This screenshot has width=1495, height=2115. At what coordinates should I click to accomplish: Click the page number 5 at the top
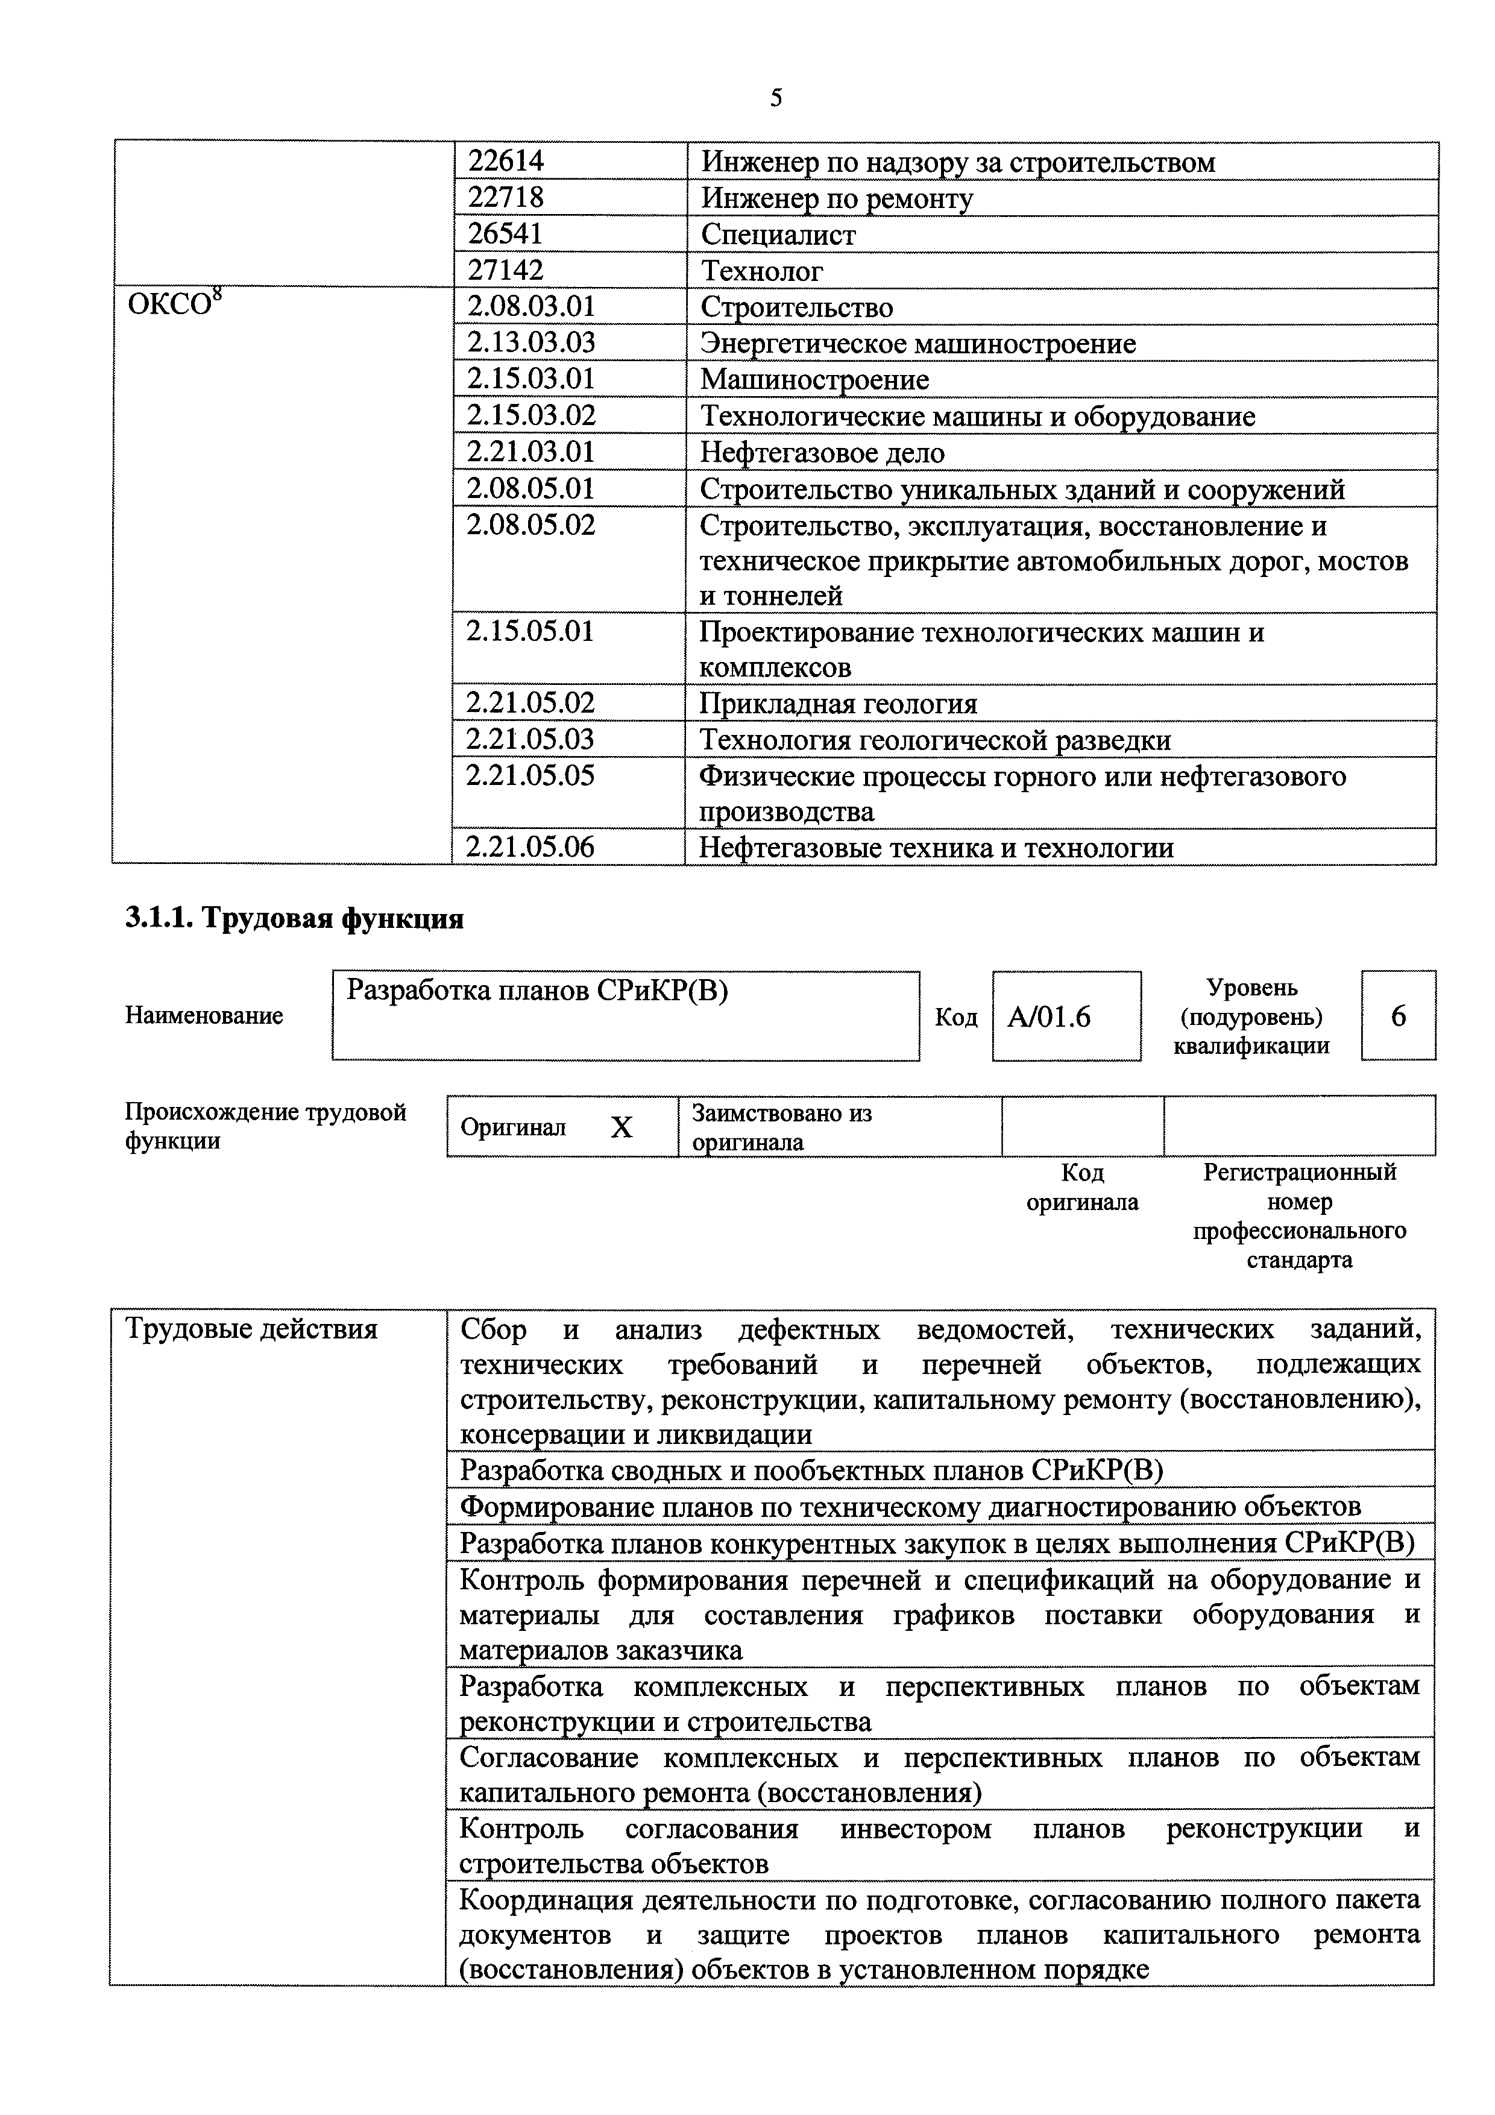[x=776, y=98]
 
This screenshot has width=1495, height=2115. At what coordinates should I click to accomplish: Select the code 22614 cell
[x=506, y=161]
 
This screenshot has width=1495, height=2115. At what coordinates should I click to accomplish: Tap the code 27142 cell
[x=506, y=270]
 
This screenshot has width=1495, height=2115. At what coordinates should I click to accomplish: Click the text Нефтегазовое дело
[x=822, y=452]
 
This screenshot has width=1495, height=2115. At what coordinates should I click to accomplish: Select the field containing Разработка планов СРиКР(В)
[x=626, y=1016]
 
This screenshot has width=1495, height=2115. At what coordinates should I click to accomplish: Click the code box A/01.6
[x=1066, y=1016]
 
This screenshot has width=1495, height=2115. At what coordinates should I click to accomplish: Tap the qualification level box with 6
[x=1397, y=1016]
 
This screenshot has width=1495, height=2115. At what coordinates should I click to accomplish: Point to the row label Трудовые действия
[x=251, y=1328]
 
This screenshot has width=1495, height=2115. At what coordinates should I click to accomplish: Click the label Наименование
[x=204, y=1016]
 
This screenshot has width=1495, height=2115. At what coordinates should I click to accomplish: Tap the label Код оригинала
[x=1081, y=1187]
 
